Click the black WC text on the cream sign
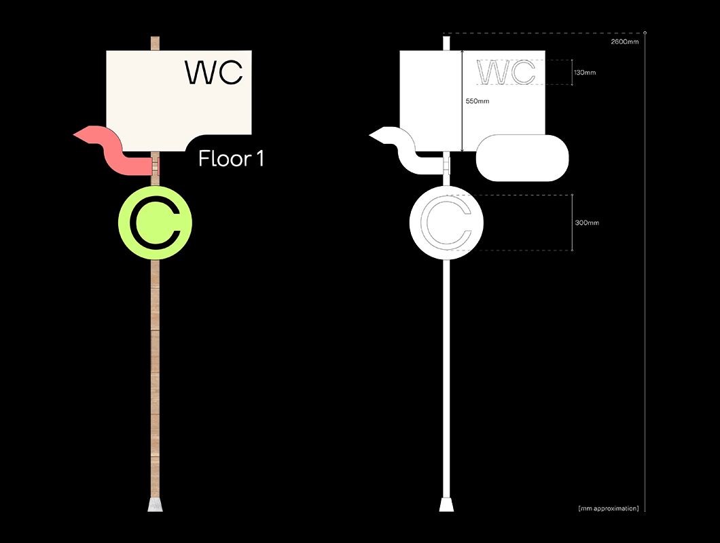click(214, 72)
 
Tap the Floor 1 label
click(231, 159)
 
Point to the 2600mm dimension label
click(625, 42)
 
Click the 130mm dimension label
click(584, 72)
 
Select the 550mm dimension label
click(477, 101)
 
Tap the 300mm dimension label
click(587, 223)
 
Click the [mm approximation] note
click(608, 508)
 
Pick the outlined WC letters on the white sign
click(507, 72)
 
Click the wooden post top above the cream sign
click(155, 42)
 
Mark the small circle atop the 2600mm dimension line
click(645, 32)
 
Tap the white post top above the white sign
click(446, 42)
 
